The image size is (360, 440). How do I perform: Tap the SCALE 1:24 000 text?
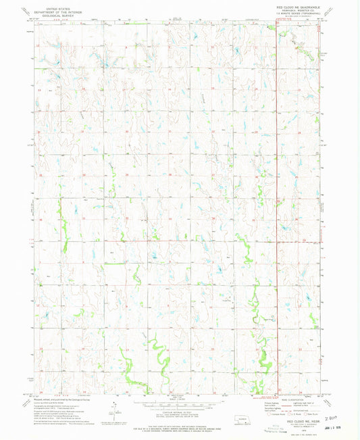pyautogui.click(x=180, y=399)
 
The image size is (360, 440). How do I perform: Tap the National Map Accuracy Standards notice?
pyautogui.click(x=180, y=422)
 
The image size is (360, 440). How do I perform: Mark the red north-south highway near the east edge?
pyautogui.click(x=277, y=203)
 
